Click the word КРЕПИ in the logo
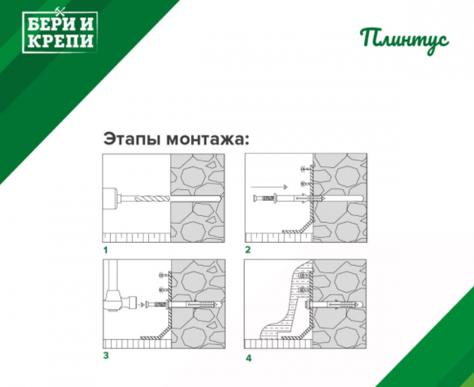pyautogui.click(x=60, y=41)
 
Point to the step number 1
pyautogui.click(x=106, y=250)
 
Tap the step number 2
pyautogui.click(x=248, y=250)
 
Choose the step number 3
pyautogui.click(x=106, y=355)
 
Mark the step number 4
pyautogui.click(x=248, y=358)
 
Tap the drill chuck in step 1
pyautogui.click(x=110, y=198)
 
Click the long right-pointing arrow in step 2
pyautogui.click(x=269, y=187)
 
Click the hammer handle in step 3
pyautogui.click(x=111, y=276)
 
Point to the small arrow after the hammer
pyautogui.click(x=141, y=305)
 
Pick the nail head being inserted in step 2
pyautogui.click(x=255, y=198)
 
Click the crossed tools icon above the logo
pyautogui.click(x=60, y=11)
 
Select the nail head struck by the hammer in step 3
pyautogui.click(x=148, y=305)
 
